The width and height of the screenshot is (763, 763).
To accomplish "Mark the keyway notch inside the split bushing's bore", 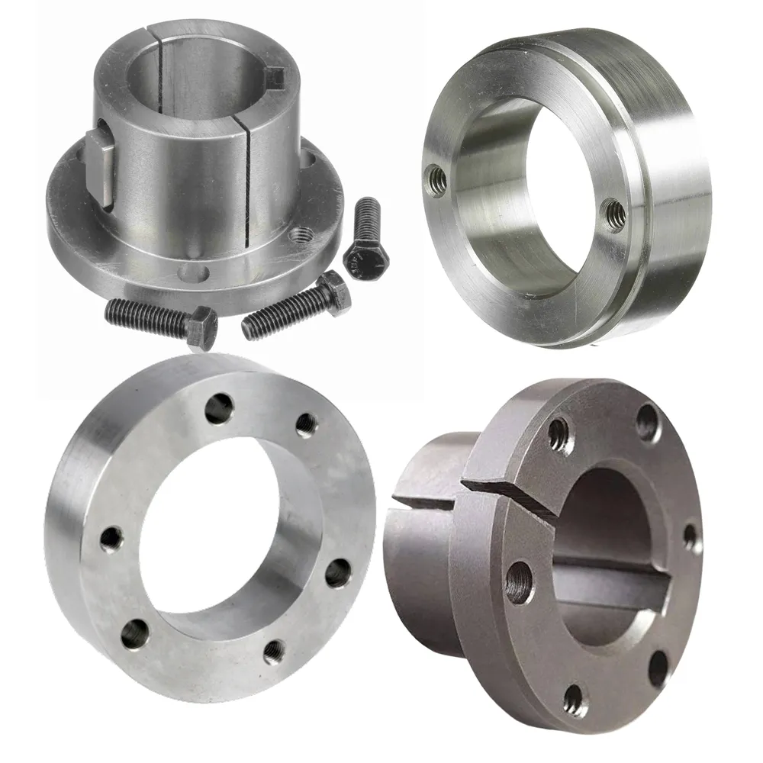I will (x=273, y=77).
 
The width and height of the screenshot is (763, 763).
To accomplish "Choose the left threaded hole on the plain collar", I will (x=436, y=180).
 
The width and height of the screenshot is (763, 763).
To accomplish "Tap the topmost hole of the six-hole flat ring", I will (x=219, y=408).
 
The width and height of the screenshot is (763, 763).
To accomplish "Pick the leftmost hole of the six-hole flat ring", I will (x=111, y=537).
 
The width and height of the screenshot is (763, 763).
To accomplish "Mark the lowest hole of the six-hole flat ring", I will (x=273, y=651).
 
